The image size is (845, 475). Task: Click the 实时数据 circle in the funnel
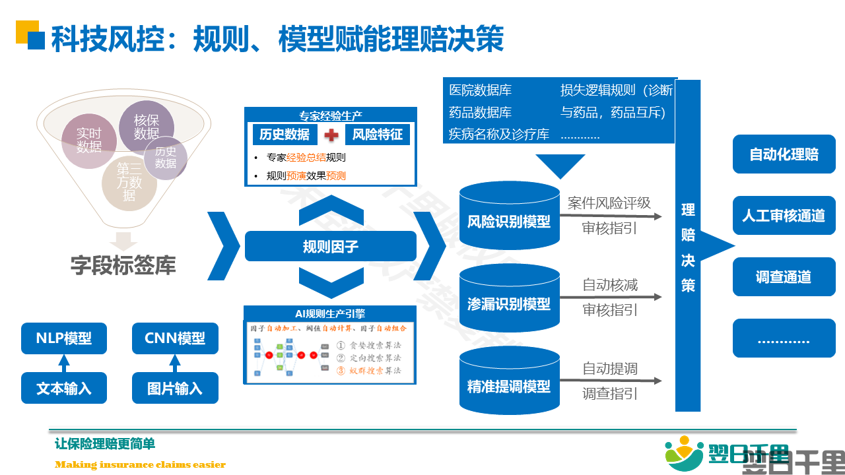pos(88,141)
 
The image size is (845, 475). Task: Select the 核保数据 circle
pos(146,127)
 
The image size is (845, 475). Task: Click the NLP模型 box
pos(64,338)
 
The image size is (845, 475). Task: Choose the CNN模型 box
pos(175,338)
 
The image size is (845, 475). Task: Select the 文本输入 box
pos(64,389)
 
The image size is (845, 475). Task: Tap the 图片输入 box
pos(175,389)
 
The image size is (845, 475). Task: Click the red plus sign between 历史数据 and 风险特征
pos(331,135)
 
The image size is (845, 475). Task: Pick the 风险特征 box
pos(378,135)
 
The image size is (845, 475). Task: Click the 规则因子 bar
pos(331,247)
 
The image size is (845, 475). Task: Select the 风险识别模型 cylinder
pos(509,222)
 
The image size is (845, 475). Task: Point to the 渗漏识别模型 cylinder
pos(509,304)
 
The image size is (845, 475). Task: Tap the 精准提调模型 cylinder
pos(509,387)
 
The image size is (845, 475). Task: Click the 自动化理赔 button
pos(784,154)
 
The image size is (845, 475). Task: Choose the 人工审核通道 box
pos(784,216)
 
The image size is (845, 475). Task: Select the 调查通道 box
pos(784,277)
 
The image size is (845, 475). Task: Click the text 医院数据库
pos(481,90)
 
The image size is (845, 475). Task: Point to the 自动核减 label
pos(610,286)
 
